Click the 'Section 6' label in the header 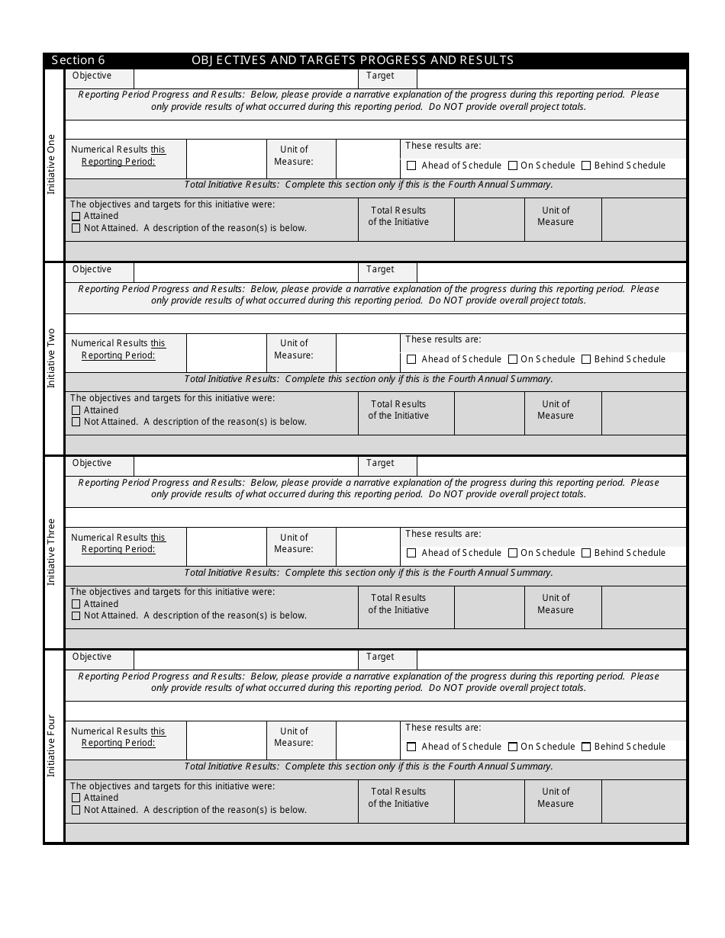(x=79, y=60)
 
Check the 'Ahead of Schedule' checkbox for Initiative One (x=412, y=165)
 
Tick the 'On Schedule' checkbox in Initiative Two (x=513, y=359)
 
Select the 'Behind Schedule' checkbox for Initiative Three (x=586, y=553)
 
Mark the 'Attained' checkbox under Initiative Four (x=76, y=798)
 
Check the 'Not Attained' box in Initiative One (x=76, y=228)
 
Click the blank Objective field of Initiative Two (x=246, y=271)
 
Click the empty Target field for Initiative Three (x=551, y=465)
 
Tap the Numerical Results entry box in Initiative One (x=226, y=159)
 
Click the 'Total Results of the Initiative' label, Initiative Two (x=398, y=410)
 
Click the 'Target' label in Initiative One (x=380, y=76)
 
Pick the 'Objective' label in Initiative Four (x=92, y=657)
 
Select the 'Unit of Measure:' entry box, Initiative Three (x=368, y=546)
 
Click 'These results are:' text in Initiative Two (x=443, y=340)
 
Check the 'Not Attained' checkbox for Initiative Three (x=76, y=615)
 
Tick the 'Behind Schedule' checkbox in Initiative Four (x=586, y=747)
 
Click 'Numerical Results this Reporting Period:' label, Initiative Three (x=118, y=543)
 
